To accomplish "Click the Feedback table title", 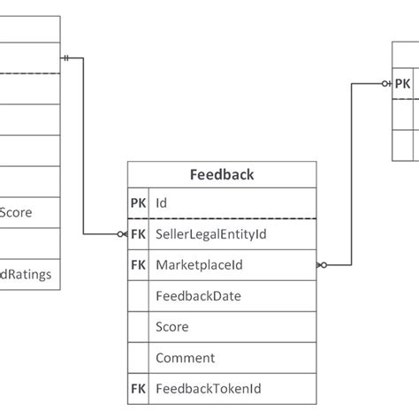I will (222, 174).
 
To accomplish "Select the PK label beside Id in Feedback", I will (138, 202).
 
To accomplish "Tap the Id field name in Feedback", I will (162, 202).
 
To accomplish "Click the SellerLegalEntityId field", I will (210, 234).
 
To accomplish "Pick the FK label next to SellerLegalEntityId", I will (138, 234).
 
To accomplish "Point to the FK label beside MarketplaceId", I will (138, 264).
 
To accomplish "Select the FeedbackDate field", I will (197, 296).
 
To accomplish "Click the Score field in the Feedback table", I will (171, 327).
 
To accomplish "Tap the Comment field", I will (185, 358).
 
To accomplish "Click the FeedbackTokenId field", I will (208, 389).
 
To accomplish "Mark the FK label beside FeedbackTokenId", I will (138, 389).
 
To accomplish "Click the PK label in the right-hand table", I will (402, 84).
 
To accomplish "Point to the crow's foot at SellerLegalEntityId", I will (122, 234).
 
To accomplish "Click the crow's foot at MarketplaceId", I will (322, 264).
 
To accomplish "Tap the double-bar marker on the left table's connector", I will (67, 58).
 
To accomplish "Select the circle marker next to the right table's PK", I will (386, 84).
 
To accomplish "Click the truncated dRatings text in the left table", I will (26, 274).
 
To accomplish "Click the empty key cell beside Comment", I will (138, 358).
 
